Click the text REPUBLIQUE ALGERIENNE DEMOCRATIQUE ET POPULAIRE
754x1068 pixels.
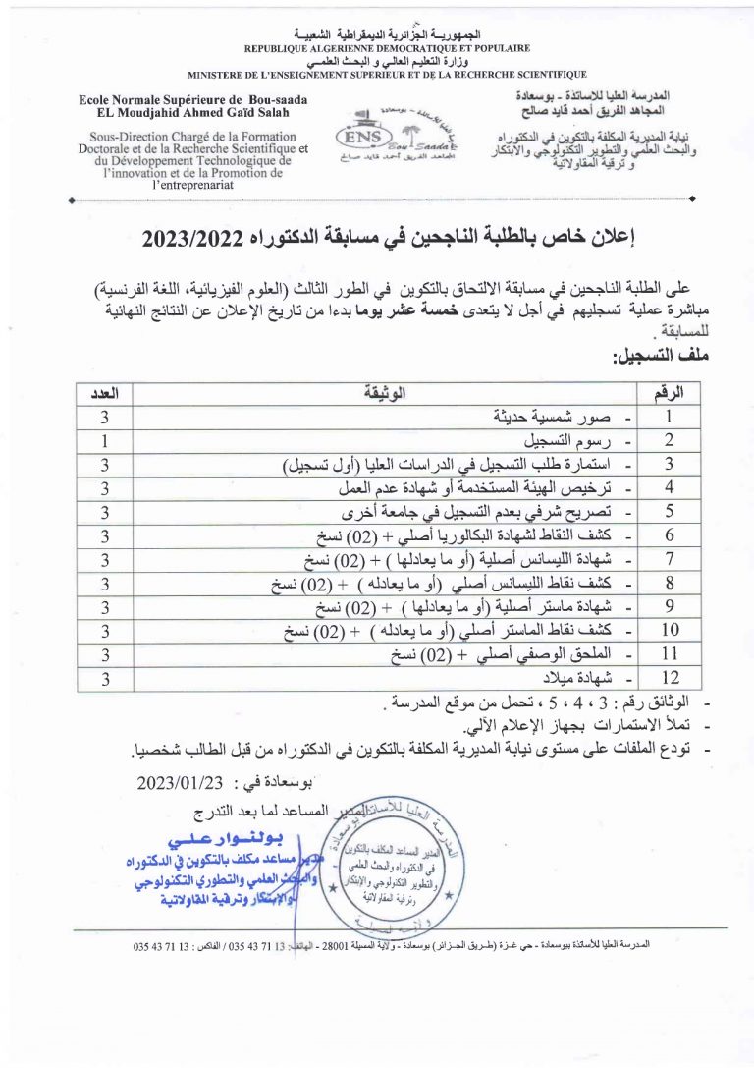pos(387,46)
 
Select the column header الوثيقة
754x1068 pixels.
pos(384,394)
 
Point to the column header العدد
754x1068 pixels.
pos(104,394)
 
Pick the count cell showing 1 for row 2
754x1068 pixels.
pos(104,440)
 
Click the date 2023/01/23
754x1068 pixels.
pos(185,783)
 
